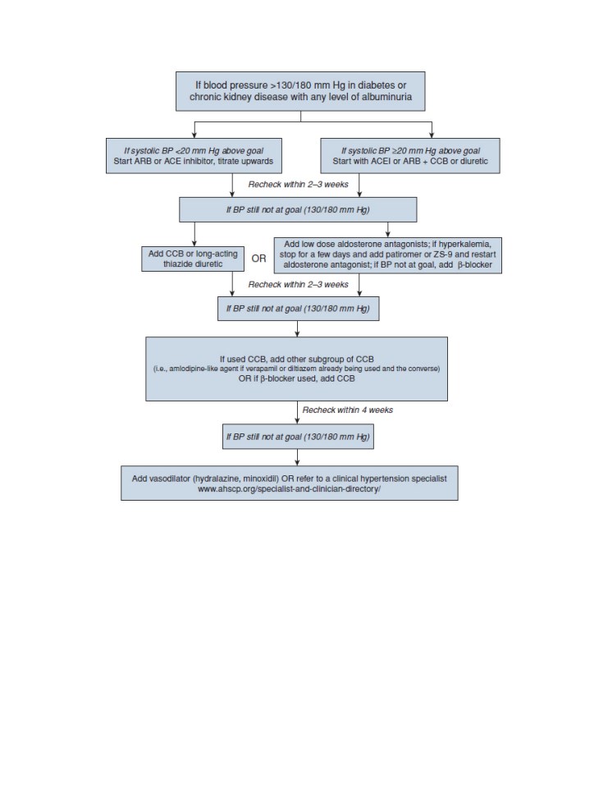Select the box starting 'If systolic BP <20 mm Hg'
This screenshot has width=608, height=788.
click(x=194, y=156)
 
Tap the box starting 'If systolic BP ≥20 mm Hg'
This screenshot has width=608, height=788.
click(x=410, y=156)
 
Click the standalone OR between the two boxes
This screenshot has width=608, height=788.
click(x=258, y=259)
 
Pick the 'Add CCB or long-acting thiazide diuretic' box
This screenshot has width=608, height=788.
click(x=193, y=259)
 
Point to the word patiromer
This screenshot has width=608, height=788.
click(x=404, y=254)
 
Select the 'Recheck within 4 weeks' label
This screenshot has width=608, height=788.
click(x=348, y=410)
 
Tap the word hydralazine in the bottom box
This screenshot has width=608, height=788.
click(x=220, y=479)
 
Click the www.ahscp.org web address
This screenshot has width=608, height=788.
click(x=289, y=489)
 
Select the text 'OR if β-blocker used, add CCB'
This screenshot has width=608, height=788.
click(x=296, y=378)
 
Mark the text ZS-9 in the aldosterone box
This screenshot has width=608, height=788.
click(x=443, y=254)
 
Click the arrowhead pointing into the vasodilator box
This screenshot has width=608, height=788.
click(x=298, y=463)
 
